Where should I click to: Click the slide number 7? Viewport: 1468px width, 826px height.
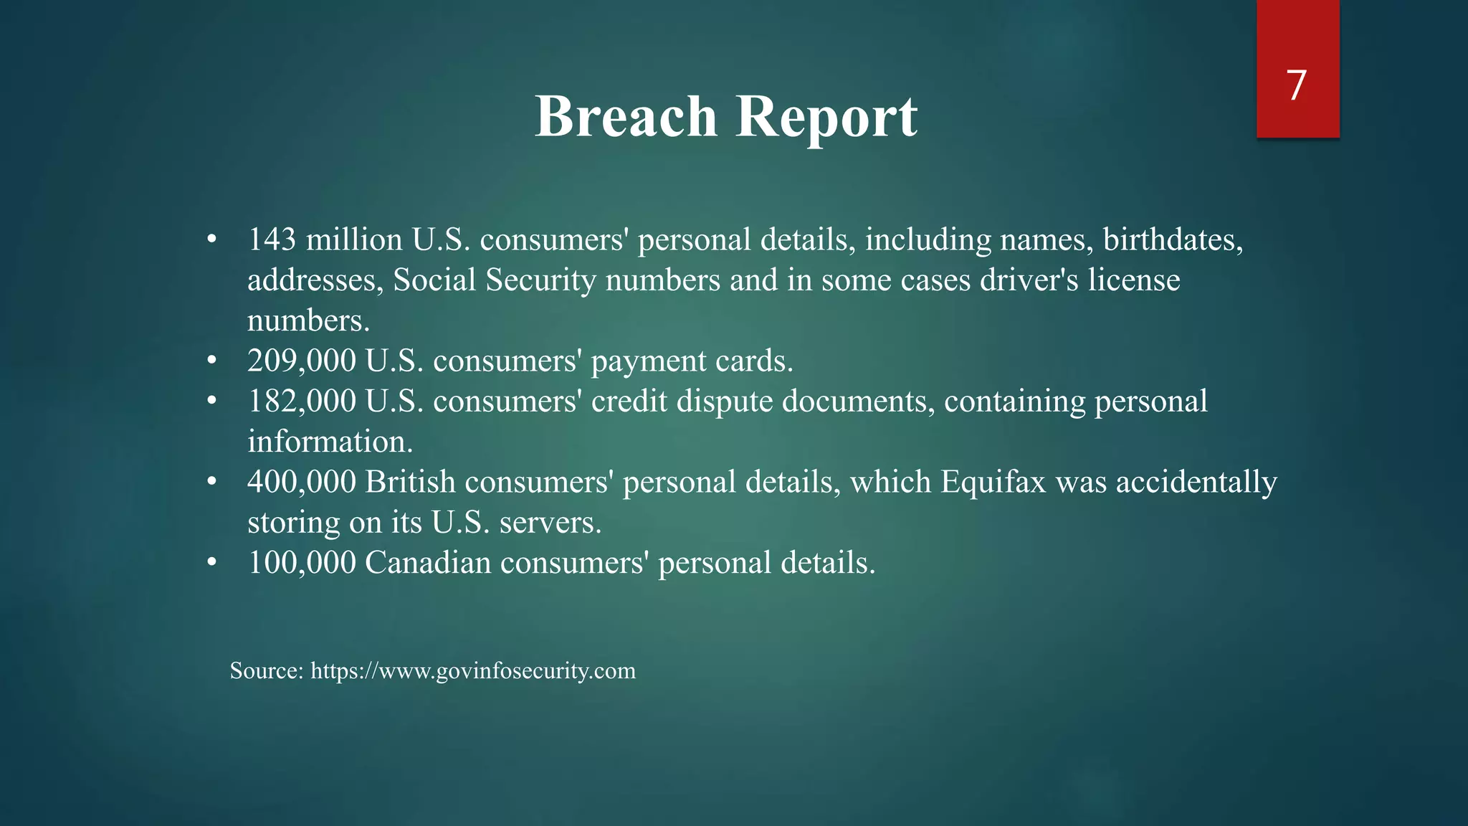coord(1297,86)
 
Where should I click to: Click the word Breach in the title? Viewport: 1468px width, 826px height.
coord(626,116)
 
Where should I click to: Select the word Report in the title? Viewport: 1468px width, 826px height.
coord(826,116)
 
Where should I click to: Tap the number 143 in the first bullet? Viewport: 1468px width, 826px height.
coord(272,239)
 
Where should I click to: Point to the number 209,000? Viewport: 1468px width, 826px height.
coord(302,361)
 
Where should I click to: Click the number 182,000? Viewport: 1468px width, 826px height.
coord(302,401)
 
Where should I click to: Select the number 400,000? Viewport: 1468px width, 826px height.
coord(302,482)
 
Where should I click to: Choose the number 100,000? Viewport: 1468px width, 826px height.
coord(302,563)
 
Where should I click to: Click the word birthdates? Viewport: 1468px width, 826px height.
coord(1173,239)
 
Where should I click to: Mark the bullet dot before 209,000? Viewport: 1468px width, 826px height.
coord(211,361)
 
